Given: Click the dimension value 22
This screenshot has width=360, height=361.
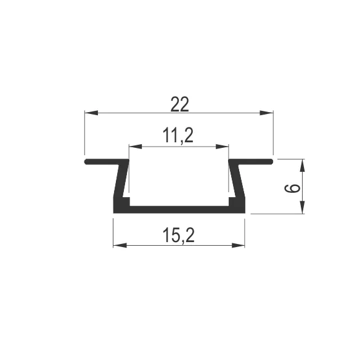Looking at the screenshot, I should pyautogui.click(x=179, y=105).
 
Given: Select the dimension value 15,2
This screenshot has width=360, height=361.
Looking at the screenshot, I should pyautogui.click(x=179, y=235).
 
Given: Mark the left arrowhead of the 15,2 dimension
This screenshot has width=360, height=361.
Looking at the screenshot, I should pyautogui.click(x=118, y=245).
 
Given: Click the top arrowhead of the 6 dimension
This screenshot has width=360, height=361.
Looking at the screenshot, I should pyautogui.click(x=303, y=164).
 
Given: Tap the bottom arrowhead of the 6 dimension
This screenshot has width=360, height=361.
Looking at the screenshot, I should pyautogui.click(x=303, y=209).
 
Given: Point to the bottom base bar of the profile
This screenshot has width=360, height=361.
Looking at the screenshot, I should pyautogui.click(x=179, y=209).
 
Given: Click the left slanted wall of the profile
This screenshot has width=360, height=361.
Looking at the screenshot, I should pyautogui.click(x=120, y=182).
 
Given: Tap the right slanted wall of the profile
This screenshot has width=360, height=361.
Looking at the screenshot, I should pyautogui.click(x=237, y=182).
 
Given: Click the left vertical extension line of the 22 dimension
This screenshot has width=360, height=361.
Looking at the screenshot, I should pyautogui.click(x=84, y=132).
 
